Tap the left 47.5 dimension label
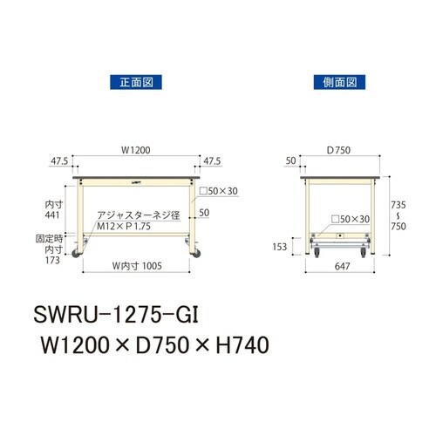click(58, 161)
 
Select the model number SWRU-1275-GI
click(123, 312)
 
